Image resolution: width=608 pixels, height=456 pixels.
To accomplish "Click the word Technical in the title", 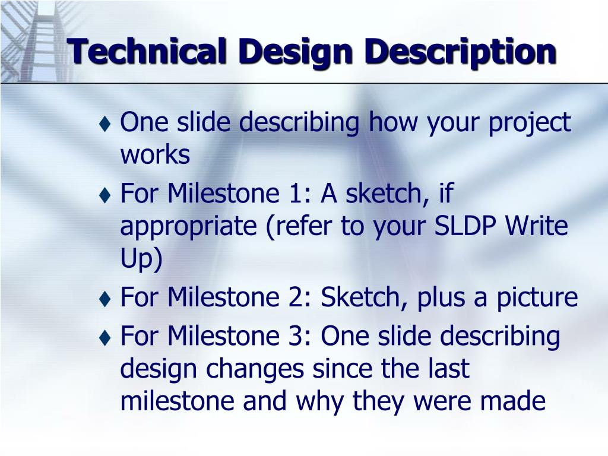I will click(x=147, y=52).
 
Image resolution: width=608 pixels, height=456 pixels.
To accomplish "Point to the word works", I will click(x=155, y=155).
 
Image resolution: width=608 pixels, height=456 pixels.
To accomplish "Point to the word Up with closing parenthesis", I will click(x=141, y=259).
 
